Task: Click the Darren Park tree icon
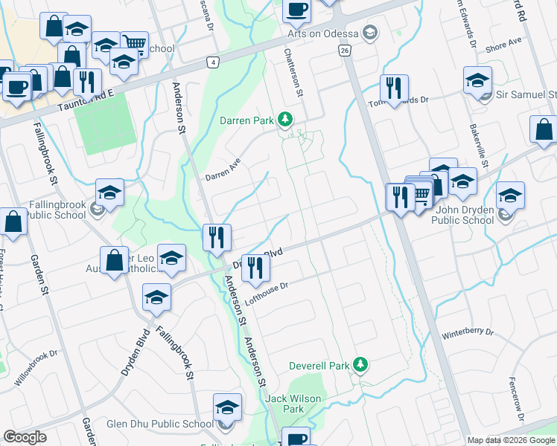pyautogui.click(x=284, y=119)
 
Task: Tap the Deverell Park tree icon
pyautogui.click(x=360, y=365)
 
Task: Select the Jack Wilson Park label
pyautogui.click(x=294, y=404)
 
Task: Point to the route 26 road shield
pyautogui.click(x=343, y=50)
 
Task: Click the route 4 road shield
pyautogui.click(x=214, y=62)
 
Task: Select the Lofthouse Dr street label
pyautogui.click(x=266, y=292)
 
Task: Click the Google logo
pyautogui.click(x=25, y=437)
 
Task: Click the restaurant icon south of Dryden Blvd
pyautogui.click(x=255, y=268)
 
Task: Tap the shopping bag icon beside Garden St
pyautogui.click(x=14, y=222)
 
